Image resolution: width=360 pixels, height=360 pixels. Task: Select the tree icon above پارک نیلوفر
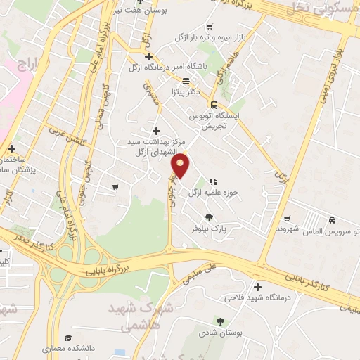(x=208, y=217)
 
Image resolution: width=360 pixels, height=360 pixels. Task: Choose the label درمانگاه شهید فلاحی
(x=258, y=298)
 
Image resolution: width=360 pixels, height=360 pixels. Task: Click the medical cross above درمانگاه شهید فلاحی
(x=257, y=287)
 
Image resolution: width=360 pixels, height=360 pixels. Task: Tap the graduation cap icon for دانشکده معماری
(x=67, y=337)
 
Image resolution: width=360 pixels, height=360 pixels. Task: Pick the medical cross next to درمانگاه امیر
(x=148, y=56)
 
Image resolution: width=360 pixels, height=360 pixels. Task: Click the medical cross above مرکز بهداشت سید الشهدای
(x=156, y=131)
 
